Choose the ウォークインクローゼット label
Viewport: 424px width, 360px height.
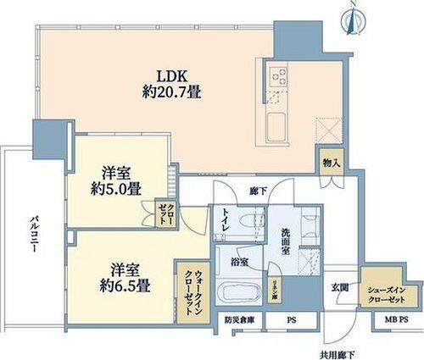pos(192,286)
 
